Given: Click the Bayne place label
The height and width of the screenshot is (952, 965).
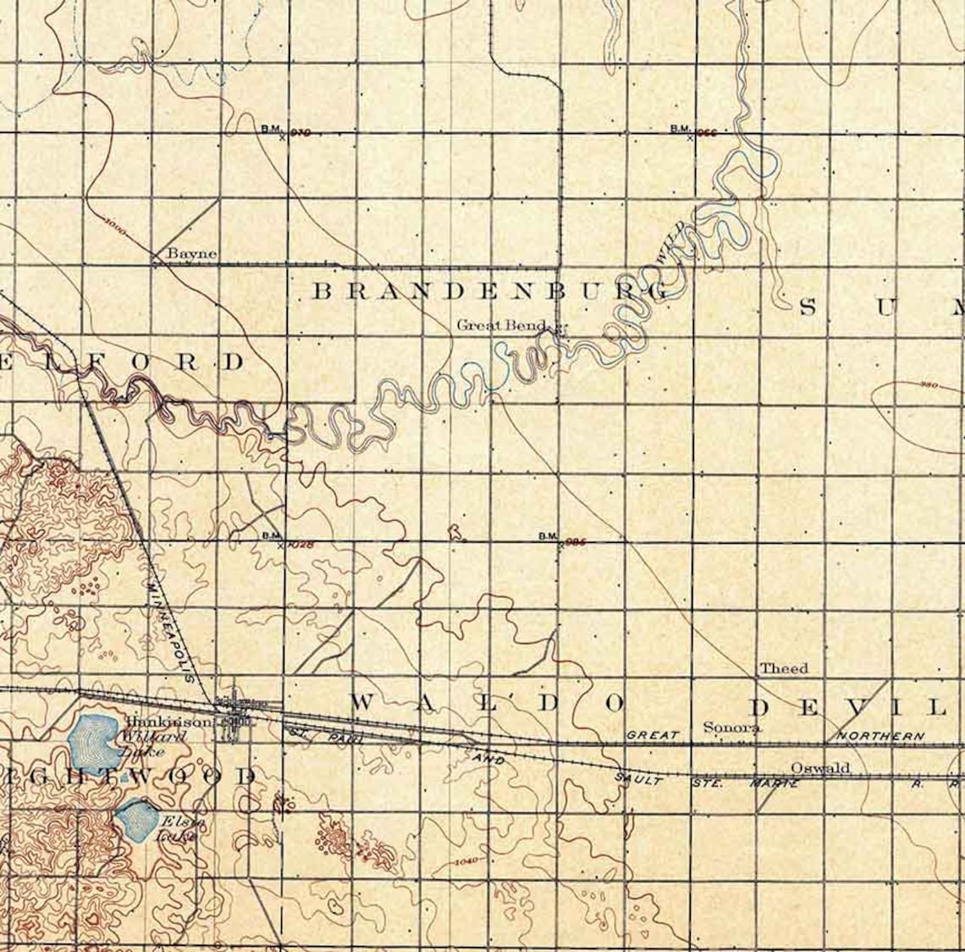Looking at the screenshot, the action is [x=191, y=253].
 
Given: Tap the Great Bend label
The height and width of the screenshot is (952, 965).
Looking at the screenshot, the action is [x=503, y=324].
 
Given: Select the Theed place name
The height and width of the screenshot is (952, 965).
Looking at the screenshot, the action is [x=783, y=668].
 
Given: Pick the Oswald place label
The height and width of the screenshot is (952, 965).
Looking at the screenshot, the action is [x=819, y=767].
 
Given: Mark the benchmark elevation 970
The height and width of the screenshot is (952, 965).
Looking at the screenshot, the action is [x=301, y=132].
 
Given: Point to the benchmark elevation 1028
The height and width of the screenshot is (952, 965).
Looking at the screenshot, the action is [x=301, y=545].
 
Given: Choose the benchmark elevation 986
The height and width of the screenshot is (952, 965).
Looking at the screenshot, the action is [x=576, y=541].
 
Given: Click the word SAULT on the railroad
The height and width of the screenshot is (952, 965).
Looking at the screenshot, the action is [x=638, y=777].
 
